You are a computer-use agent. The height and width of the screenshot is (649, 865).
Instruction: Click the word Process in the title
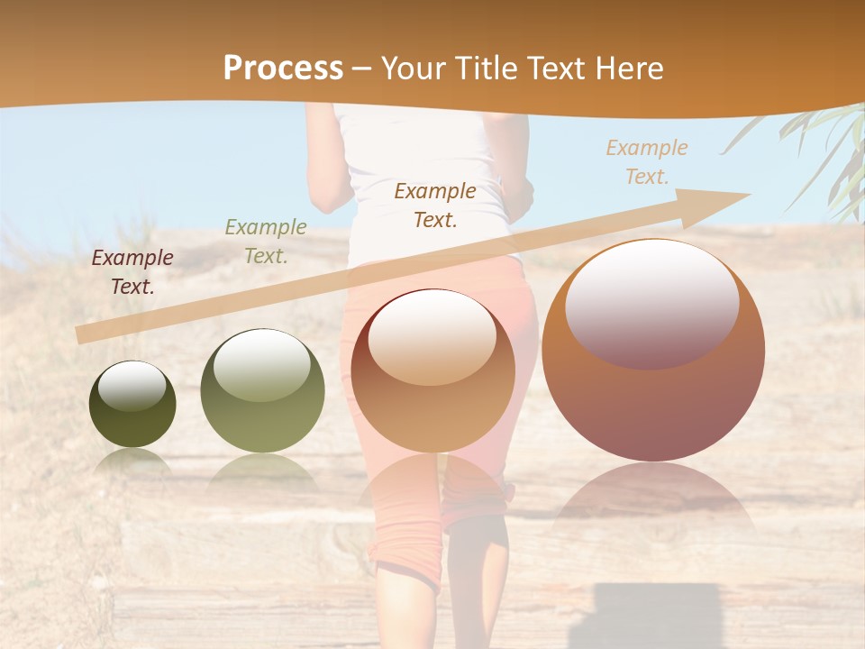[283, 69]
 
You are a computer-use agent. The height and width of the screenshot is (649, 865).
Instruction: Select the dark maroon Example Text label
[132, 272]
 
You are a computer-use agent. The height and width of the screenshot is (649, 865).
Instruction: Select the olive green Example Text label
[266, 242]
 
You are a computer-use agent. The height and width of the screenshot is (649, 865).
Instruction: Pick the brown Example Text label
[435, 205]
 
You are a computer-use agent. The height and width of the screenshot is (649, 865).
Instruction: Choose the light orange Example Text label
[646, 162]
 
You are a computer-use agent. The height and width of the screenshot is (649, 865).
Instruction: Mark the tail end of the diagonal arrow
[81, 335]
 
